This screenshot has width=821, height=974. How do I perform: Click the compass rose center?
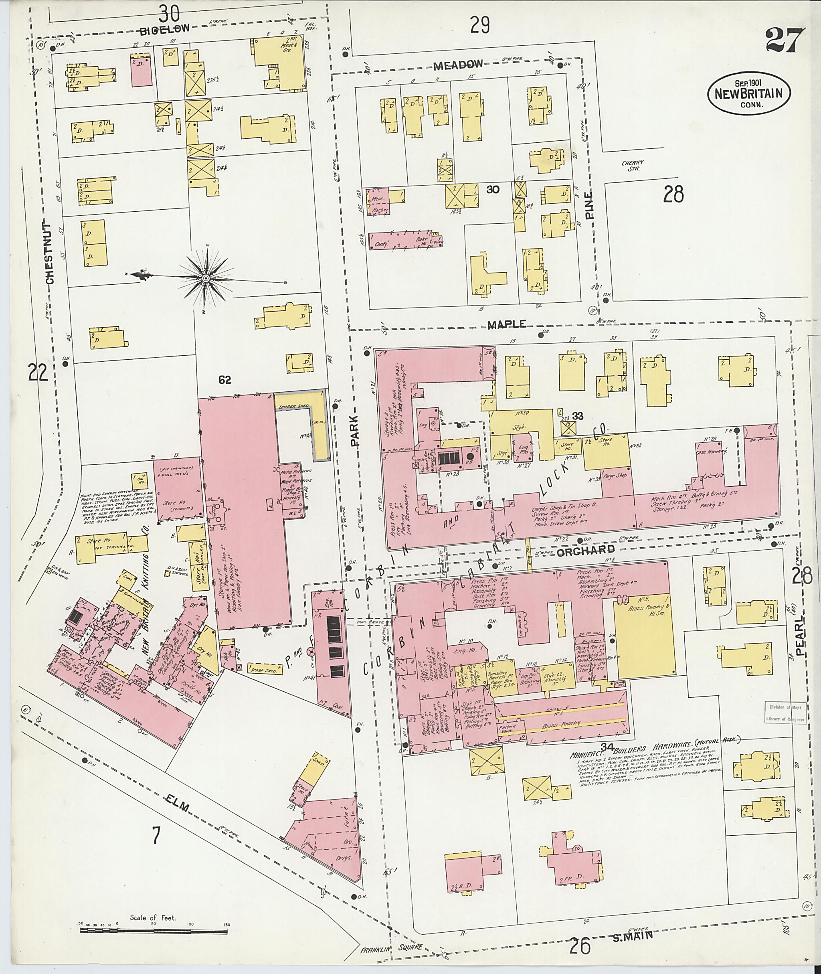point(205,278)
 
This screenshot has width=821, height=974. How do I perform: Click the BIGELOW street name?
point(165,29)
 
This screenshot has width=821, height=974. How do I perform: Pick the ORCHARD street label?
point(579,550)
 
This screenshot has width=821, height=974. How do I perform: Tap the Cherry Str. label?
point(633,166)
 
